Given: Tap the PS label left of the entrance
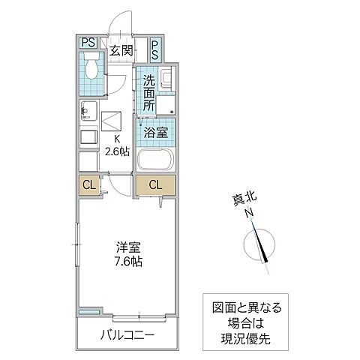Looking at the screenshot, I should point(88,43).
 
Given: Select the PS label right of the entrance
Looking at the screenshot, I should point(154,50).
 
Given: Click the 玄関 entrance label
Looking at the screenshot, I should point(121,51).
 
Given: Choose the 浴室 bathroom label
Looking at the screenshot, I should point(156,130).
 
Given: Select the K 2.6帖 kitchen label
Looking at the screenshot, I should point(118,144).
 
